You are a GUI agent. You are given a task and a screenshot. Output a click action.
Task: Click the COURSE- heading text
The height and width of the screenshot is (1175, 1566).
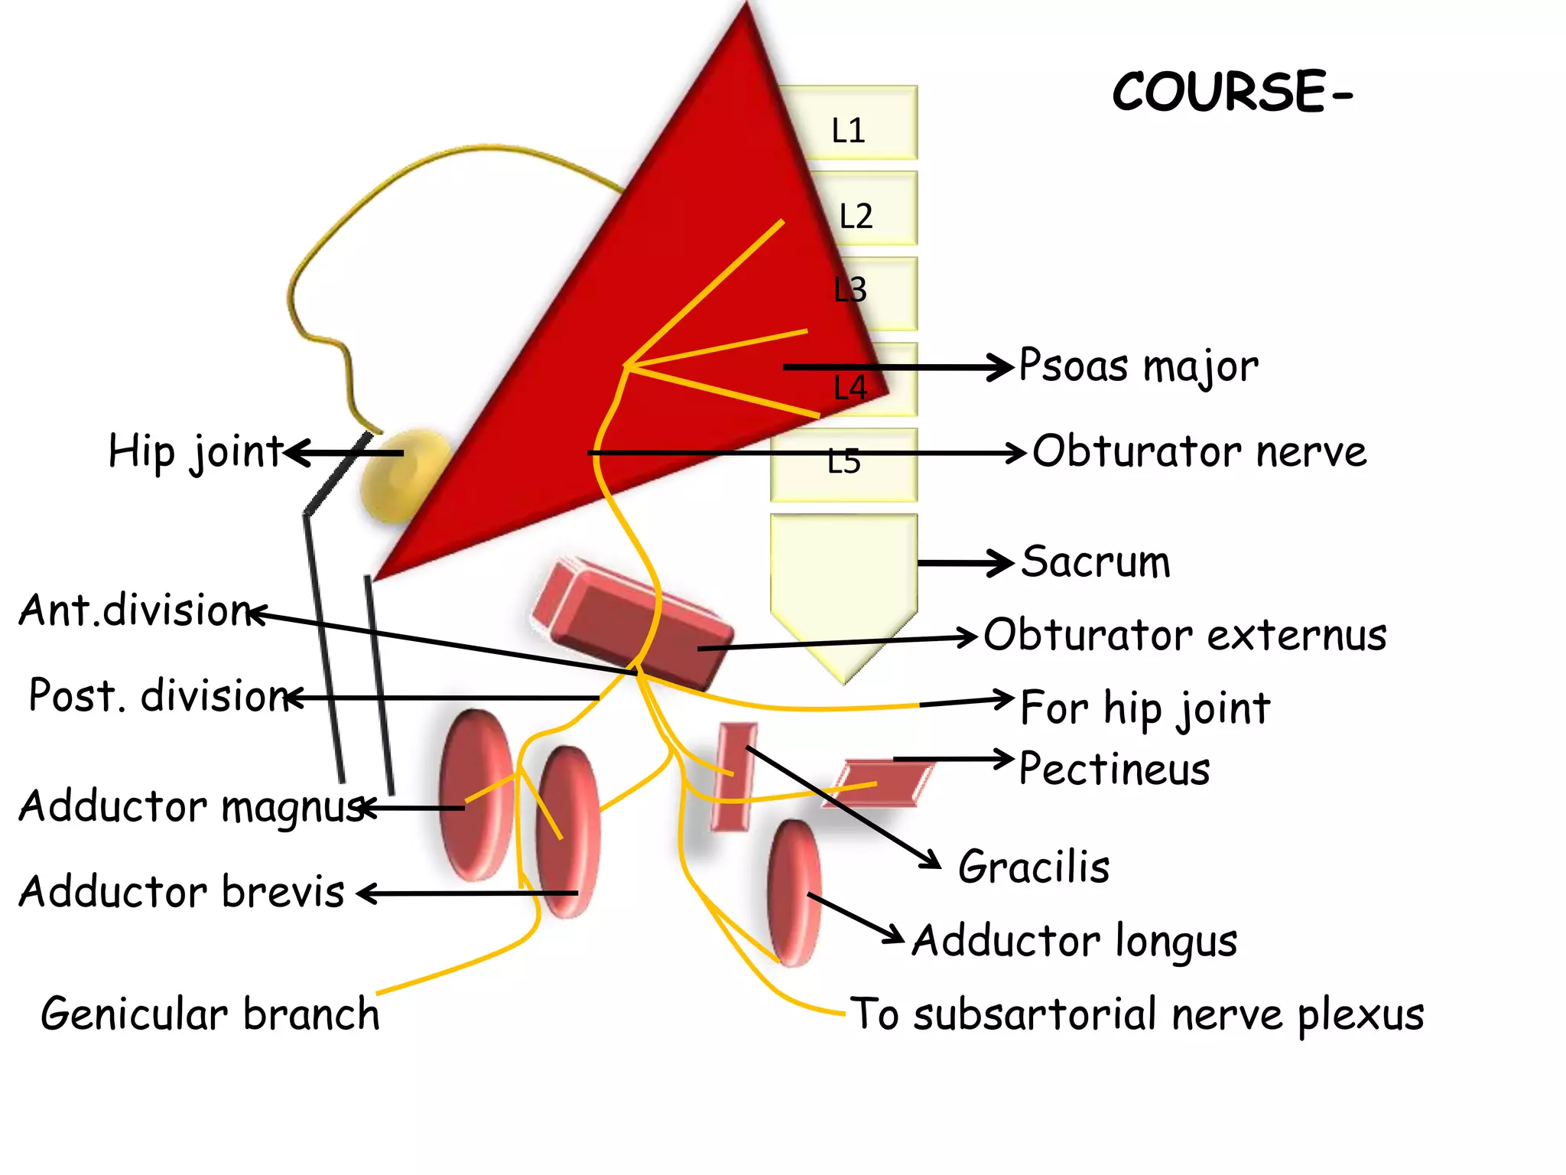(1231, 92)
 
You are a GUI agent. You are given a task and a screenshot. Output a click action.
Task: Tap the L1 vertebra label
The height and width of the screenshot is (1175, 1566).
(848, 131)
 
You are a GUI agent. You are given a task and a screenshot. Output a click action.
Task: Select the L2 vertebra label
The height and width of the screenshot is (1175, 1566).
(856, 216)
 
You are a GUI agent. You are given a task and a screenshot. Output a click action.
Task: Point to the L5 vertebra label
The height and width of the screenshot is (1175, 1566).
(843, 462)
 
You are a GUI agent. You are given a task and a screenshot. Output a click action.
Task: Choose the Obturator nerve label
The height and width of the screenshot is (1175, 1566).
(1199, 451)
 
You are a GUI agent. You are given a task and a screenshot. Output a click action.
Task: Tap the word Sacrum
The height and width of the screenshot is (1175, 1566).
(1096, 562)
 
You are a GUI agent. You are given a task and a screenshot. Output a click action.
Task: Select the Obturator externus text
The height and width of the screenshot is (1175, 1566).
(1184, 635)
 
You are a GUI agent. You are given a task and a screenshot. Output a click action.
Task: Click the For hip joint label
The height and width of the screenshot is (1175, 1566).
(1145, 708)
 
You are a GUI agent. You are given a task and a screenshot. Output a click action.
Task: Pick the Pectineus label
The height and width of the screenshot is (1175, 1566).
(1114, 769)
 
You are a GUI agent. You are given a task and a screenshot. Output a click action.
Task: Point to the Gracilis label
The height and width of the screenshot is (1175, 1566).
(1033, 867)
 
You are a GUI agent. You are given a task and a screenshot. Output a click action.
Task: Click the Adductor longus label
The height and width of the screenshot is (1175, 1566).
(1074, 941)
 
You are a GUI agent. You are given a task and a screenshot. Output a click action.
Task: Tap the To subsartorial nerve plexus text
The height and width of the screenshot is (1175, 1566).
(1137, 1015)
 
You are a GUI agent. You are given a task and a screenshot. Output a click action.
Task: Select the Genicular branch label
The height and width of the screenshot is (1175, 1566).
(210, 1015)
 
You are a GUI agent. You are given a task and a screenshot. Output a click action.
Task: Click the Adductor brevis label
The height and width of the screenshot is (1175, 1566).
(182, 893)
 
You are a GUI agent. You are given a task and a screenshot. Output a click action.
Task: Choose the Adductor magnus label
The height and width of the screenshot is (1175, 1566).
(191, 807)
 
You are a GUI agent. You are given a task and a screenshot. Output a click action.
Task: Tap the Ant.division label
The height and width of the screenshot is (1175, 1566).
(135, 610)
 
